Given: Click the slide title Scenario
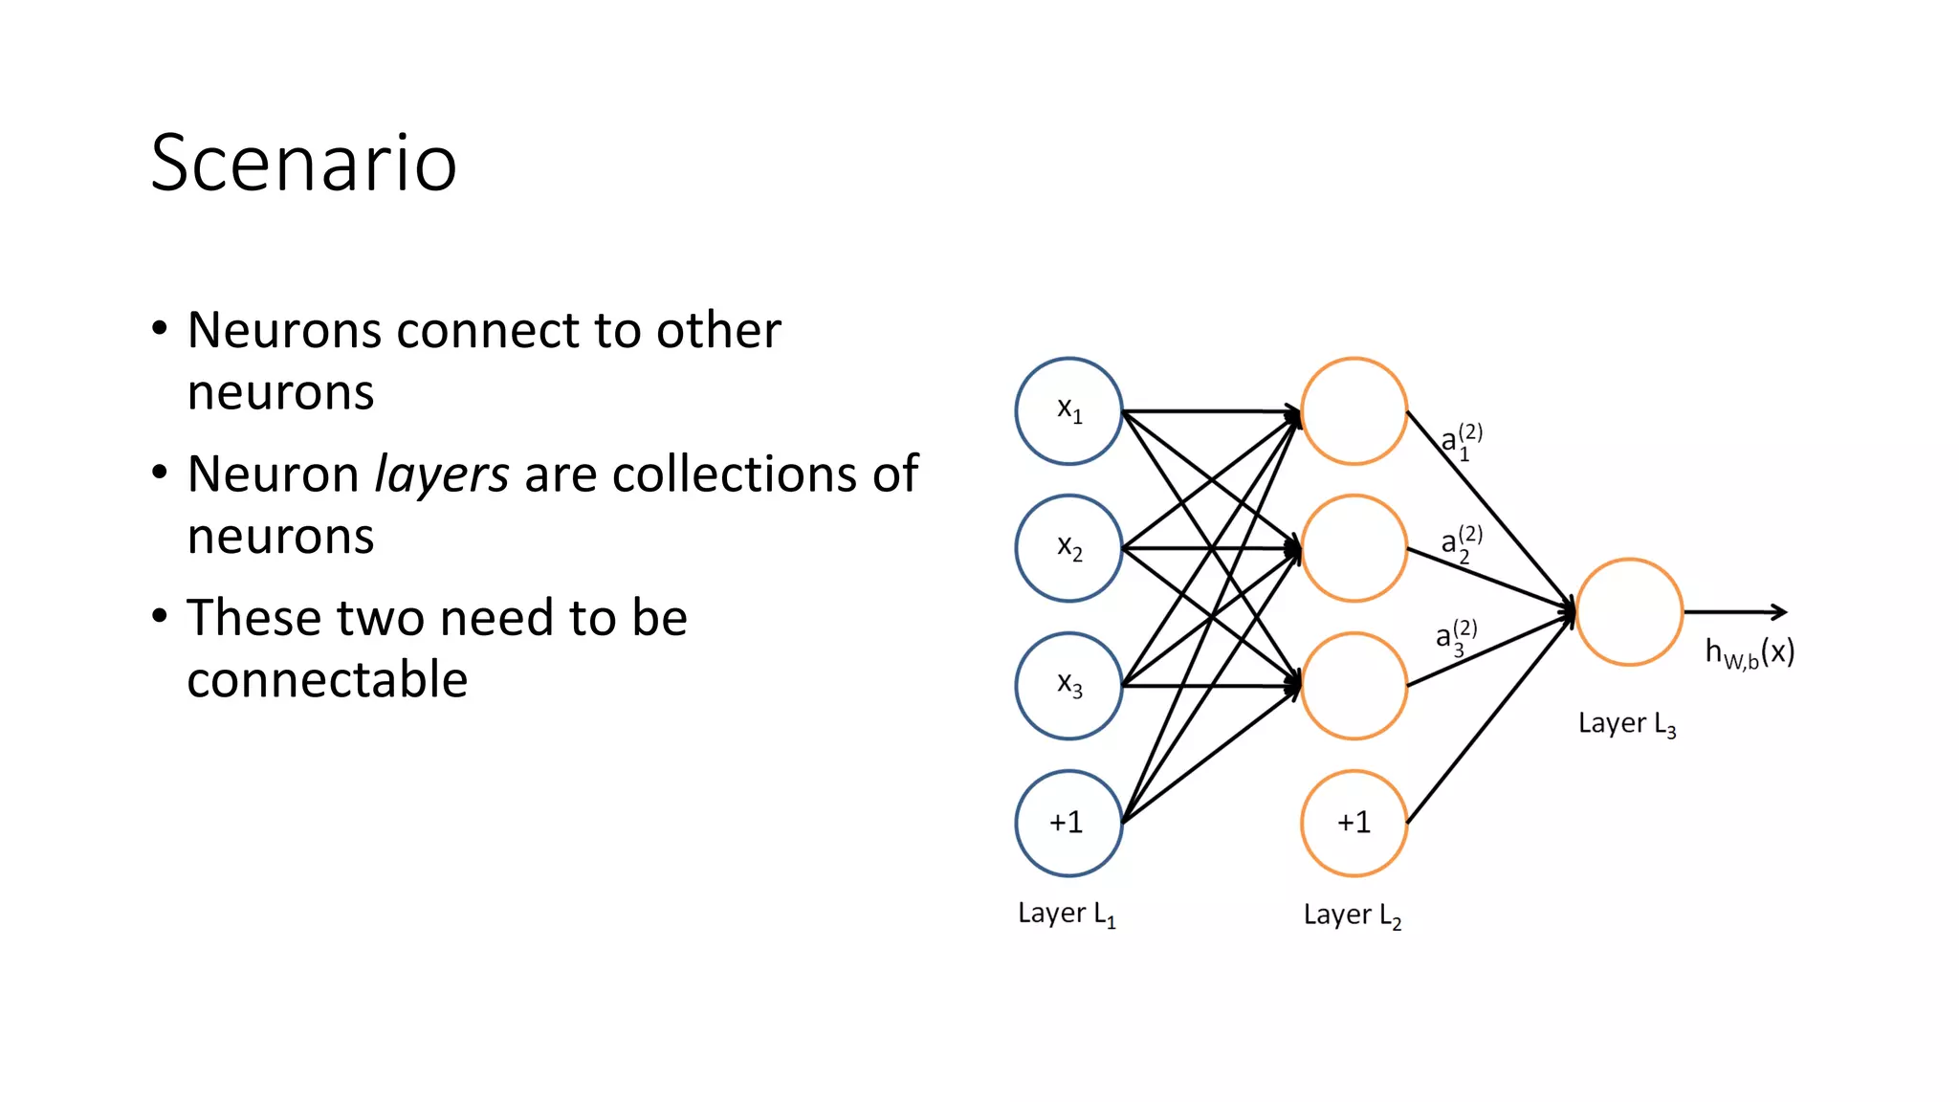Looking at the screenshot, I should coord(303,164).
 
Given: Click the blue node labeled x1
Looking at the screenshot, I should coord(1068,411).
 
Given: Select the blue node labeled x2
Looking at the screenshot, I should coord(1068,548).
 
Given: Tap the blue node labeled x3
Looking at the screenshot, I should coord(1068,686).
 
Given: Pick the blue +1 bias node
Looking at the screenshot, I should coord(1068,823).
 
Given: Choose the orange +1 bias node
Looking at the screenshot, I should coord(1354,823).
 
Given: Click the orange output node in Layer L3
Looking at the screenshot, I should coord(1629,612).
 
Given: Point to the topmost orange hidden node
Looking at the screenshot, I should coord(1354,411).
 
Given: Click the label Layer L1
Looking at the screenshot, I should coord(1066,914).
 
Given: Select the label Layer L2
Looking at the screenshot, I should coord(1352,915).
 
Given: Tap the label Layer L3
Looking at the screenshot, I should coord(1626,724).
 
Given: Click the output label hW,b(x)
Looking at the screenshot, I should coord(1750,653).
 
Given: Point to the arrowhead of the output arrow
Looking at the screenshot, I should coord(1781,612).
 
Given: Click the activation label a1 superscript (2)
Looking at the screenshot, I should coord(1461,441).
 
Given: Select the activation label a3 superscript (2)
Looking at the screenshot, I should coord(1455,637).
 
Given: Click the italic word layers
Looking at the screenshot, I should coord(441,474).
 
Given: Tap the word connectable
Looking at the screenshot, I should coord(327,680).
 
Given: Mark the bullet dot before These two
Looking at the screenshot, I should coord(160,616).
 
